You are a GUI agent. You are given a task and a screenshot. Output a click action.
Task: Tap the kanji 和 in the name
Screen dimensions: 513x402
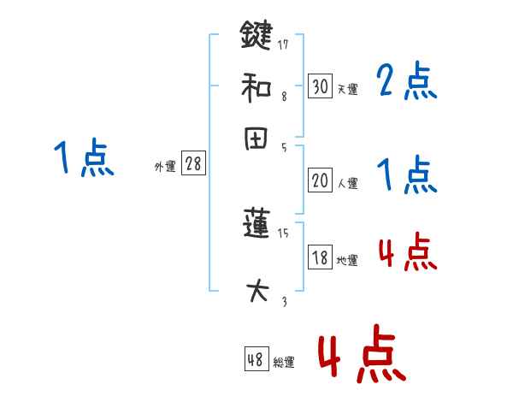point(256,86)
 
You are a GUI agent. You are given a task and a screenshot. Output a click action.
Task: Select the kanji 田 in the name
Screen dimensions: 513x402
point(256,139)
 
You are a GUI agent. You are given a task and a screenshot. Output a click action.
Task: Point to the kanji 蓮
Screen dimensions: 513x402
point(256,226)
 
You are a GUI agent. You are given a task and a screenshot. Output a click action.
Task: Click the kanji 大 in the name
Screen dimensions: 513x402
point(256,292)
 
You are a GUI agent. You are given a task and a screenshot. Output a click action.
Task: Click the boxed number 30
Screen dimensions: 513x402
point(320,86)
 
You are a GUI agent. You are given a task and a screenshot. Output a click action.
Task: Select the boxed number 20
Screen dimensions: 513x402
point(320,180)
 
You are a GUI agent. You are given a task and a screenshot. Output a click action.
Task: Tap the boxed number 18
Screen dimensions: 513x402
point(320,258)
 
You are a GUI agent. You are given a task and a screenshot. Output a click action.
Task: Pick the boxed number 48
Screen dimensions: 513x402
point(256,360)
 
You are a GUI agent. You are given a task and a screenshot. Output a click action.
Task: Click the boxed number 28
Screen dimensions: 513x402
point(193,164)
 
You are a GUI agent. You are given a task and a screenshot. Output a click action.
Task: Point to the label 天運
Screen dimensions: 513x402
point(347,89)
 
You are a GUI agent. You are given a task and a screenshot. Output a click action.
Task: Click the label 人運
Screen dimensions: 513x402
point(347,183)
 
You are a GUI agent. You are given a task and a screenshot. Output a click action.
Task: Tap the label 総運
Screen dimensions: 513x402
point(283,363)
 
